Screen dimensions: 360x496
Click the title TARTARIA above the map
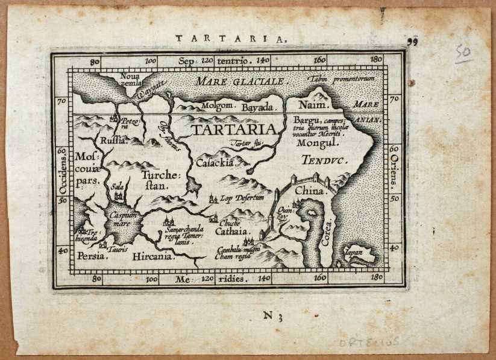coord(231,37)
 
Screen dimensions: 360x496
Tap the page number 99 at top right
coord(412,41)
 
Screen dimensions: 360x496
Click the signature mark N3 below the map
coord(272,314)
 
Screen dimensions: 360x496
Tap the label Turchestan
coord(156,180)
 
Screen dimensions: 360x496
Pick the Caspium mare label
coord(124,219)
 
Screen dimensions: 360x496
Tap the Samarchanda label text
coord(183,233)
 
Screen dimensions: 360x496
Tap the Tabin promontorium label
coord(341,79)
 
